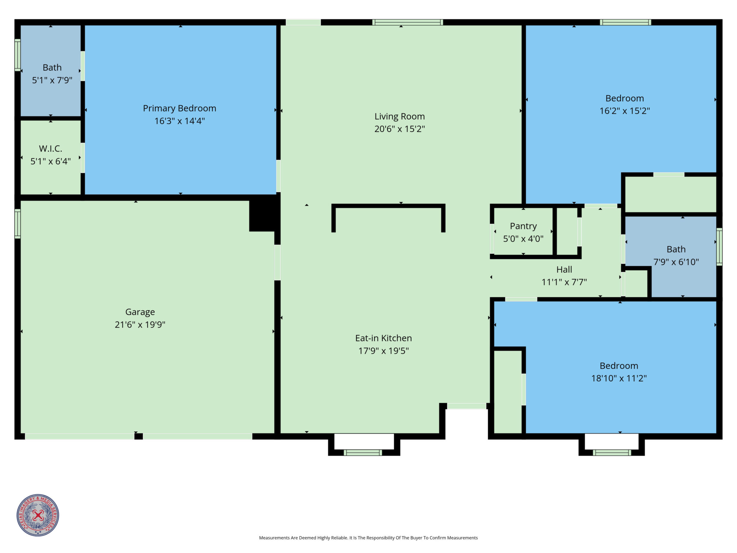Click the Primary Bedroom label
[x=180, y=108]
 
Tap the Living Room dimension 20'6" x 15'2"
[x=400, y=129]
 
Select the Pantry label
[x=523, y=226]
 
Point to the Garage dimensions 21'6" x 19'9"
[x=140, y=325]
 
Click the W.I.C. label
[x=51, y=149]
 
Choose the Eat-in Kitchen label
[x=384, y=338]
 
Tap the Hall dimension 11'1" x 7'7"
[x=564, y=282]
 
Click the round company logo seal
[x=38, y=515]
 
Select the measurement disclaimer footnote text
[x=368, y=538]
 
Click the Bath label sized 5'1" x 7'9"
[x=52, y=68]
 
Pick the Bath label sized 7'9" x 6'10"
[x=676, y=249]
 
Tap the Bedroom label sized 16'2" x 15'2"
[x=625, y=98]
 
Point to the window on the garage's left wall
[x=18, y=224]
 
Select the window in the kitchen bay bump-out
[x=363, y=452]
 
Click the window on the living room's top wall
[x=407, y=22]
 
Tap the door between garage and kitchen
[x=277, y=263]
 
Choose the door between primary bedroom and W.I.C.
[x=83, y=158]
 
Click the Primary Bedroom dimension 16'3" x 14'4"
[x=180, y=121]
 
